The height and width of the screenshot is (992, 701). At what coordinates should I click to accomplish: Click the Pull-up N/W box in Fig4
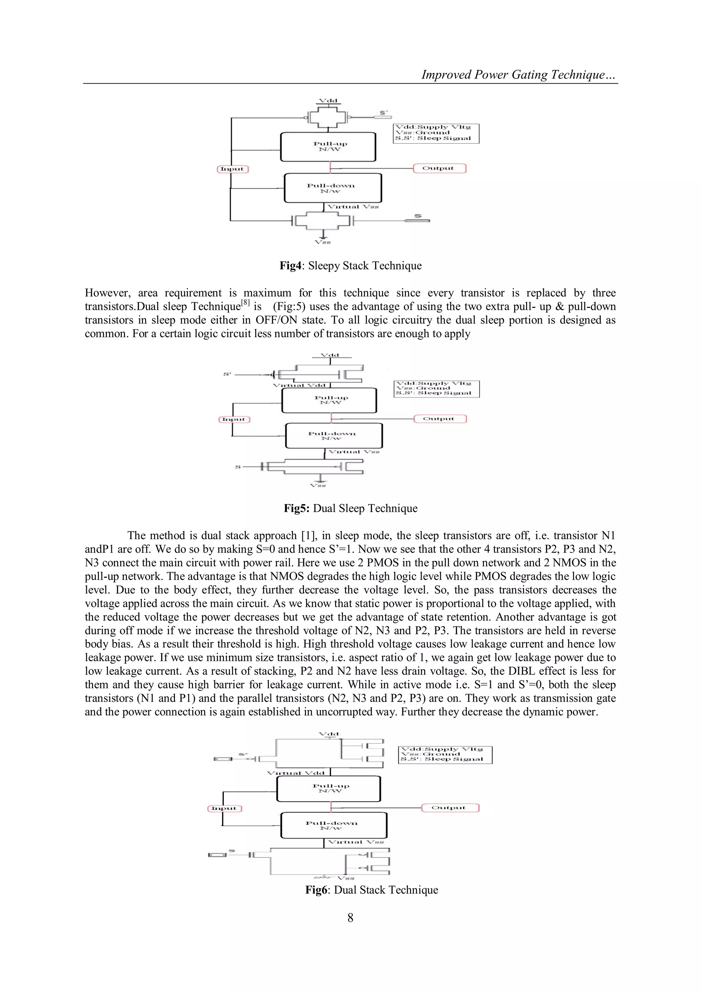[x=328, y=147]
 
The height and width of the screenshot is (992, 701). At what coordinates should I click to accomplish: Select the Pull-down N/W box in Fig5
[x=333, y=436]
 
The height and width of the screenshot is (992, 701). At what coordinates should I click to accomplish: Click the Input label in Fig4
[x=232, y=169]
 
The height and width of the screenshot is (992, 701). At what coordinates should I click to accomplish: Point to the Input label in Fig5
[x=234, y=419]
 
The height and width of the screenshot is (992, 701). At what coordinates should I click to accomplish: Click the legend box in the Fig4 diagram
[x=436, y=133]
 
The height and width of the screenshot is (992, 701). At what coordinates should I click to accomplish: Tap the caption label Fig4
[x=290, y=265]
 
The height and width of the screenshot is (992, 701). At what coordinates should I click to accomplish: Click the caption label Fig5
[x=296, y=508]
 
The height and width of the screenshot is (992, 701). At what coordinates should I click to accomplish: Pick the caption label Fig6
[x=317, y=890]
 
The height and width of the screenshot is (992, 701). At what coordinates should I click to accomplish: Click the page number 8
[x=350, y=917]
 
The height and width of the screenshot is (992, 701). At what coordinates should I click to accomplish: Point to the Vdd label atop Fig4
[x=328, y=101]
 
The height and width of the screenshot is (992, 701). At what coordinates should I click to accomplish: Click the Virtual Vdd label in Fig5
[x=299, y=385]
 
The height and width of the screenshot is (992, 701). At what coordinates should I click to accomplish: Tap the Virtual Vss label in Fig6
[x=356, y=842]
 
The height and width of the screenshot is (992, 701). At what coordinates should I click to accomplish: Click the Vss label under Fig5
[x=318, y=485]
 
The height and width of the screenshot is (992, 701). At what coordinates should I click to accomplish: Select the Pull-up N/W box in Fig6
[x=329, y=789]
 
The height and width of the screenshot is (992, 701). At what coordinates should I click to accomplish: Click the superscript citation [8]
[x=245, y=302]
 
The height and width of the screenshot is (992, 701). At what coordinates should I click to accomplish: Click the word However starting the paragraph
[x=107, y=292]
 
